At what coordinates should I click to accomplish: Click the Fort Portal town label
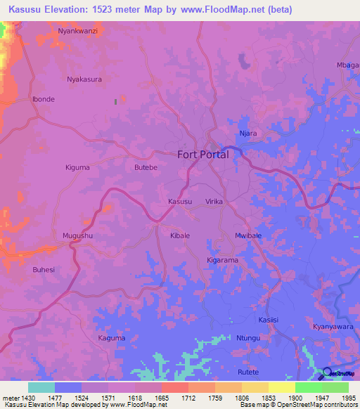tap(202, 155)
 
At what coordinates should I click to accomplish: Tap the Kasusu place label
tap(180, 202)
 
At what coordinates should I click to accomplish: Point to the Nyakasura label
tap(84, 79)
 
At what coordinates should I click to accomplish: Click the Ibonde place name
tap(44, 99)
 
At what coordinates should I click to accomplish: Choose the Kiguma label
tap(77, 168)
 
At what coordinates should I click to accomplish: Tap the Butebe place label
tap(146, 168)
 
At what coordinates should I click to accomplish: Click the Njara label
tap(248, 133)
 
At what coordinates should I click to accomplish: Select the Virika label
tap(214, 202)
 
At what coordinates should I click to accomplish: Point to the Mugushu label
tap(77, 235)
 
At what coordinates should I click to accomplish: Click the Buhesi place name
tap(44, 269)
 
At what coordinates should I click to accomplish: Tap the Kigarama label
tap(223, 260)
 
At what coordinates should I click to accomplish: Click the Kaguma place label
tap(112, 338)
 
